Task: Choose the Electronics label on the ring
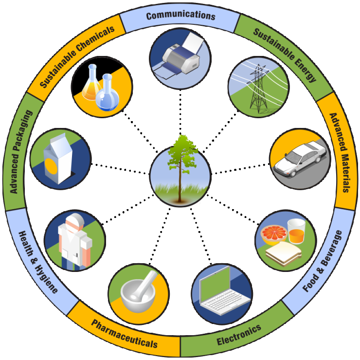coord(238,334)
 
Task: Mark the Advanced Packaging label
coord(21,151)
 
